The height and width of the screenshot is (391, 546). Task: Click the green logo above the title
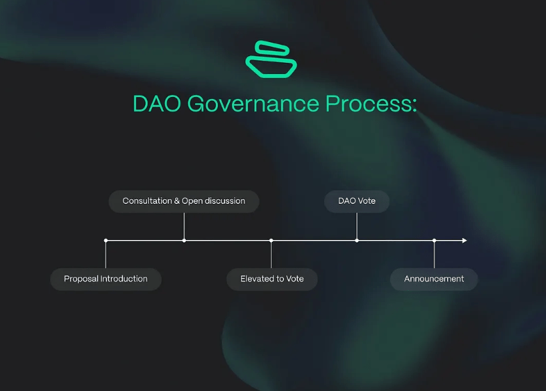(x=271, y=59)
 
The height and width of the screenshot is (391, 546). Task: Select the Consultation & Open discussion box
(x=184, y=201)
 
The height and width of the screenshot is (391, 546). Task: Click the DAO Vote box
(x=357, y=201)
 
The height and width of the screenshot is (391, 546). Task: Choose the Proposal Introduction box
(x=106, y=279)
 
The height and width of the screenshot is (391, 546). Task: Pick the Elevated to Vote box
(x=272, y=279)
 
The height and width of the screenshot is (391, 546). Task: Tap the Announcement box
(x=434, y=279)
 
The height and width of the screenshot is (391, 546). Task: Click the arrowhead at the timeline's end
(x=464, y=240)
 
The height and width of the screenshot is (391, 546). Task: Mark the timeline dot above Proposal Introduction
(x=106, y=240)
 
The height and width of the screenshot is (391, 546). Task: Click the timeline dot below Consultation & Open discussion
(x=184, y=240)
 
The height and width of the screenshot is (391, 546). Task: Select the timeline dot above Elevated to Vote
(x=271, y=240)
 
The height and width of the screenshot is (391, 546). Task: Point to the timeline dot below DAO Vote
(x=357, y=240)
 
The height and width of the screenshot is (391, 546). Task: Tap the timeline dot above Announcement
(x=434, y=240)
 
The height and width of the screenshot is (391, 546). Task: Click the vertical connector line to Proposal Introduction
(x=106, y=255)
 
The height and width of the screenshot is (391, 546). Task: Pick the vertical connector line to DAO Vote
(x=357, y=227)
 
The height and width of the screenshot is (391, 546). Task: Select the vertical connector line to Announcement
(x=434, y=255)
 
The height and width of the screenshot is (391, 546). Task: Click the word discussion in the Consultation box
(x=224, y=201)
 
